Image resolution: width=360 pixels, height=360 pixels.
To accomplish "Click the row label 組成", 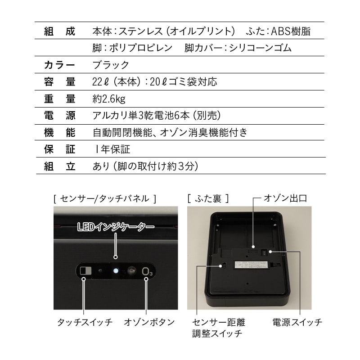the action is (60, 31).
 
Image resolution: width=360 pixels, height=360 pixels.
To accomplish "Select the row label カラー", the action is (59, 65).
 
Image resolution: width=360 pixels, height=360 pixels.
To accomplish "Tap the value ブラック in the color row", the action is (111, 65).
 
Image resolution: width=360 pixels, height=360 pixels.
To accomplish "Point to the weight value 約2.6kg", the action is (109, 99).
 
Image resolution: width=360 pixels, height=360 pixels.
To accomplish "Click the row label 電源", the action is (60, 116).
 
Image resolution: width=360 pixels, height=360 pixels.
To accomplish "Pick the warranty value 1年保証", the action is (113, 149).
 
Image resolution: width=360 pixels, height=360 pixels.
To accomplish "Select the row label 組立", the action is (60, 166).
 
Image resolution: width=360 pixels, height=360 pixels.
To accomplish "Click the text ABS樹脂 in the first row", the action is (291, 31).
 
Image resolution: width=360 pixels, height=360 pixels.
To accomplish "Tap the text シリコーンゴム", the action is (261, 48).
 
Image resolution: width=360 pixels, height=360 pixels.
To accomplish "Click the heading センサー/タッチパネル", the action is (105, 198).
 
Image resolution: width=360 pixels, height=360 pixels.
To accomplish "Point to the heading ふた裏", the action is (208, 198).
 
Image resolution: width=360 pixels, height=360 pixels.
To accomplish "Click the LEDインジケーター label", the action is (116, 227).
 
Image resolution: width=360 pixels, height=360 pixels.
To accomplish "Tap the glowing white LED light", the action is (116, 271).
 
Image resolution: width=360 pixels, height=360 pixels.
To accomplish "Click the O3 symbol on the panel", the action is (147, 271).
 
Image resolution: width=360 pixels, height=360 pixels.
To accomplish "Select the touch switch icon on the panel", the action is (85, 271).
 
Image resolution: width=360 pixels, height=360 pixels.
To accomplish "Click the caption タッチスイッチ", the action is (85, 322).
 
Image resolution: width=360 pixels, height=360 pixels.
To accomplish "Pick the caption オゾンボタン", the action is (149, 322).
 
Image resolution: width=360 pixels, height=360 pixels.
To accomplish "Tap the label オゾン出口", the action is (285, 198).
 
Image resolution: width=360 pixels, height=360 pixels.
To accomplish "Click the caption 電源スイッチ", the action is (297, 322).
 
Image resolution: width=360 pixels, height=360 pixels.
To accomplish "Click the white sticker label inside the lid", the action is (252, 265).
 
